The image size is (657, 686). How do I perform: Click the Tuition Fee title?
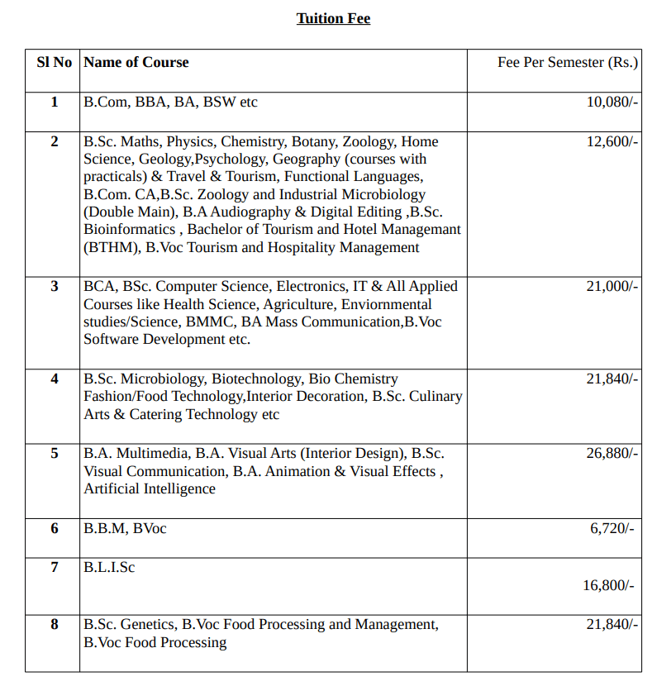click(333, 18)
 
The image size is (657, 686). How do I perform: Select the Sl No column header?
click(55, 62)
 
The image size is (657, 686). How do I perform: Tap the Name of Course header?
click(136, 62)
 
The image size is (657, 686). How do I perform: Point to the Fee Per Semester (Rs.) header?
click(568, 63)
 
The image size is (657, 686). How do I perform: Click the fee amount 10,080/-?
click(612, 102)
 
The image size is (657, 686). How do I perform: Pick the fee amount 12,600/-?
click(612, 141)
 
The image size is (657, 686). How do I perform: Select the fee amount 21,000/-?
click(612, 286)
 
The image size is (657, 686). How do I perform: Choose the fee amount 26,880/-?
click(612, 453)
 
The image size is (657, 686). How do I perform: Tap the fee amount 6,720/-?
click(612, 528)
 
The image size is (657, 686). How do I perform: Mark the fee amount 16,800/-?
click(608, 585)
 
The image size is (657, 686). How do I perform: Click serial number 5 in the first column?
click(55, 453)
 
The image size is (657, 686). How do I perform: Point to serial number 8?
click(55, 624)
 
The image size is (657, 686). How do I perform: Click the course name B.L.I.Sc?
click(109, 568)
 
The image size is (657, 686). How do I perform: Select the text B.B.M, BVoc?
click(125, 528)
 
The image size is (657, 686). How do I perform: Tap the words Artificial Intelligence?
click(150, 488)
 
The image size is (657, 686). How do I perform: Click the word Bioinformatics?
click(130, 229)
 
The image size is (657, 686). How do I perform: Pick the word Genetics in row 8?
click(148, 624)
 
